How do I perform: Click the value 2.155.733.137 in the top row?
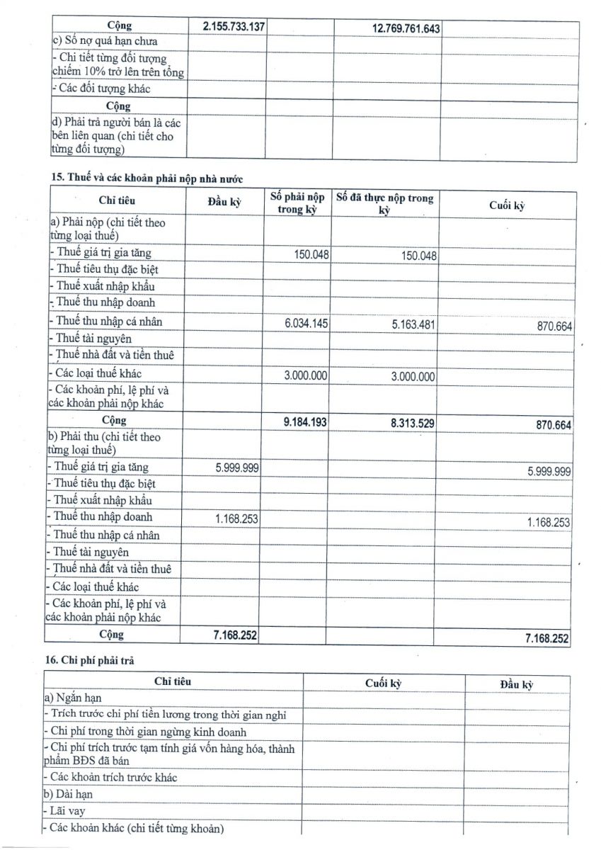234,26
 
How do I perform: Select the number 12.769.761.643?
406,28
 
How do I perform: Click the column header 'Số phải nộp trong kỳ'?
297,203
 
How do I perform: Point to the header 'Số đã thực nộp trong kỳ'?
384,204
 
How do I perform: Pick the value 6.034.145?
307,324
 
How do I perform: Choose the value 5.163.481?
413,324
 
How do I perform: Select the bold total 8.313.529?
413,423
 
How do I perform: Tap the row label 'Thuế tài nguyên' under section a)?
93,339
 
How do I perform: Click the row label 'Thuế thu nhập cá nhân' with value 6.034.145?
108,321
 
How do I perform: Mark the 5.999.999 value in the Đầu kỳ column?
236,468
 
